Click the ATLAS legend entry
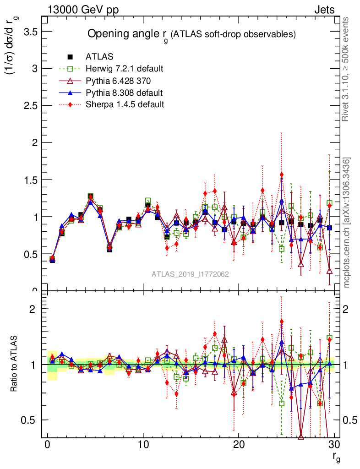(99, 57)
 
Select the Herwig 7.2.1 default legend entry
(124, 69)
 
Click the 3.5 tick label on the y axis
(28, 32)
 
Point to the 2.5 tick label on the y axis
(28, 106)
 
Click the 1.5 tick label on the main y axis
(28, 180)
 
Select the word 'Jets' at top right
(324, 10)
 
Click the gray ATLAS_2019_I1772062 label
(190, 274)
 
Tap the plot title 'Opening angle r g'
(191, 34)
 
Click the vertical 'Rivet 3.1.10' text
(346, 69)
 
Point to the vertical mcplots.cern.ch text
(347, 222)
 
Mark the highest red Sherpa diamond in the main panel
(282, 175)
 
